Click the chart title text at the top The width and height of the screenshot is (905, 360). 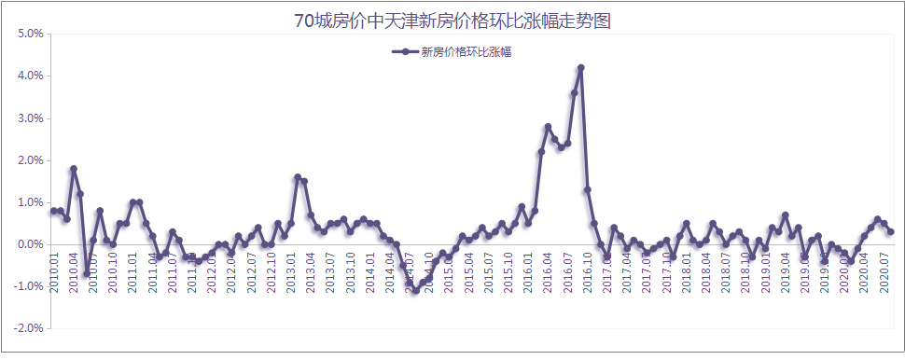tap(452, 21)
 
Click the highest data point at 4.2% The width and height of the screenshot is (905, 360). tap(580, 68)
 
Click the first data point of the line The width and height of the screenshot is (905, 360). tap(53, 211)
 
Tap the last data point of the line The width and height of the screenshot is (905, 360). tap(891, 231)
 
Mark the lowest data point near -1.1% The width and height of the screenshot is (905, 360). tap(416, 291)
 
